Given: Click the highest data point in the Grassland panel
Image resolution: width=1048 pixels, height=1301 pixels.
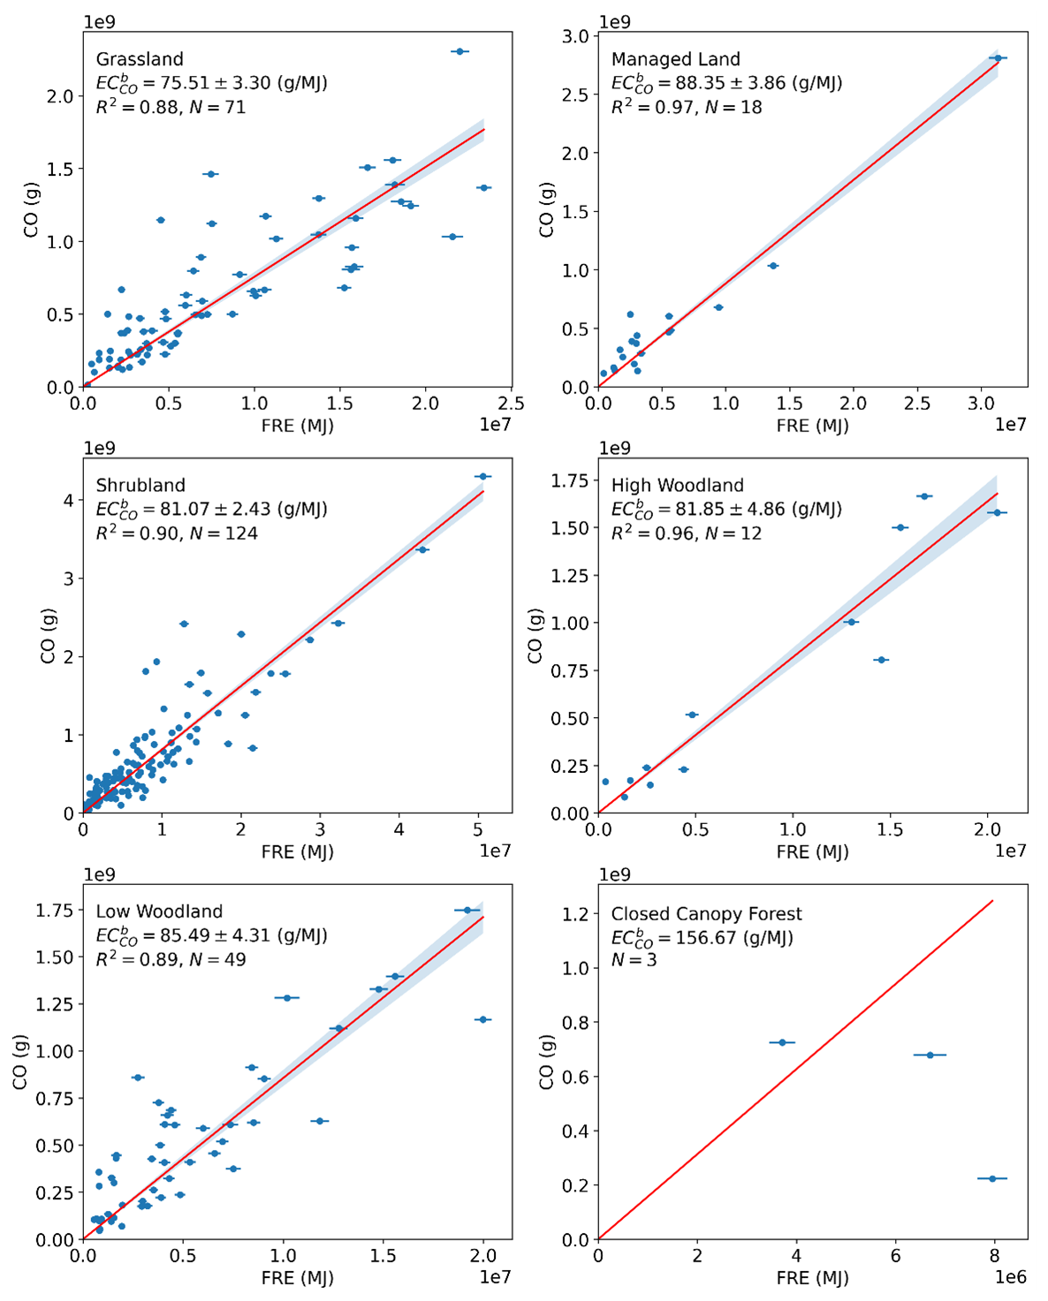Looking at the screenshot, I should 459,51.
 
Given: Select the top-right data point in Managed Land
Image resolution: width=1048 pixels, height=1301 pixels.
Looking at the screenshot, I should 998,58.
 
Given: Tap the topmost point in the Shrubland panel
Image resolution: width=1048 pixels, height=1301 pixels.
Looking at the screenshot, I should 482,477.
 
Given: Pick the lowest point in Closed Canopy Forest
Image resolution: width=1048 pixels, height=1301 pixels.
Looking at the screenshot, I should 992,1178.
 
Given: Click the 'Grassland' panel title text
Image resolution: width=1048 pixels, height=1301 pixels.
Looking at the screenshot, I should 140,59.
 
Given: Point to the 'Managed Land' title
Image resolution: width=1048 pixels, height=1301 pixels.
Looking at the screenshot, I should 675,59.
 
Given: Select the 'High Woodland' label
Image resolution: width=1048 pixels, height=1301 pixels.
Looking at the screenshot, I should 677,485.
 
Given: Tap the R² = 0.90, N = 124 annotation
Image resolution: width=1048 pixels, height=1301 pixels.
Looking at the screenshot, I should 177,533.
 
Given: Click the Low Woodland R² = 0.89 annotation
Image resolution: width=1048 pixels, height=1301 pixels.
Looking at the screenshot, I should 171,959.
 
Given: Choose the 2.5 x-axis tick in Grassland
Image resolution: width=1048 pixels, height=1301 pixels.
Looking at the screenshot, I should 511,404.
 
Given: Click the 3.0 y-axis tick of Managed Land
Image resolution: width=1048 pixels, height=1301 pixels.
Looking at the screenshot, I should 575,36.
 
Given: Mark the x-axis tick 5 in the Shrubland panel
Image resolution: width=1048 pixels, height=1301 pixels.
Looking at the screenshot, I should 478,829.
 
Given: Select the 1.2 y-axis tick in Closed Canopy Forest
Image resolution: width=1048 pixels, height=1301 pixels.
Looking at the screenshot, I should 575,914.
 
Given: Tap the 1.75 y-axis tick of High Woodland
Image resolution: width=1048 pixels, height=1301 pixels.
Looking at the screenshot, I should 570,480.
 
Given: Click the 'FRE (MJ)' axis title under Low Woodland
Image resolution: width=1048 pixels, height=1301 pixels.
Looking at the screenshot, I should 297,1277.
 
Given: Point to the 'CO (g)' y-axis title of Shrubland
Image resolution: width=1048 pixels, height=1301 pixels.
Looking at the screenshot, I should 49,635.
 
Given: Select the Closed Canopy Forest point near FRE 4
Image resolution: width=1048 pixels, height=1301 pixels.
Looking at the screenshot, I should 782,1042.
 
